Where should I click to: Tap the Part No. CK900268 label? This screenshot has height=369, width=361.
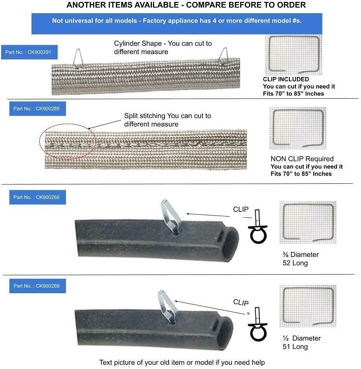(37, 197)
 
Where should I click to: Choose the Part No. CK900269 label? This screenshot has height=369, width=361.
(37, 286)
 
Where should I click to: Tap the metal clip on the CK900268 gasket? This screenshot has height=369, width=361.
(171, 217)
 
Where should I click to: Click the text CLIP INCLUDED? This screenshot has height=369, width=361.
(286, 79)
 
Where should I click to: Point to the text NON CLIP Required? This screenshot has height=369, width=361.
(302, 159)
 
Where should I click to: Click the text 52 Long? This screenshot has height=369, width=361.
(295, 263)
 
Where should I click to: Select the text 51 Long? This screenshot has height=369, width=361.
(295, 347)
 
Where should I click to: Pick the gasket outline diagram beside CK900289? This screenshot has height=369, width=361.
(298, 127)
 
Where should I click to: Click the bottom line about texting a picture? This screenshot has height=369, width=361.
(182, 362)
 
